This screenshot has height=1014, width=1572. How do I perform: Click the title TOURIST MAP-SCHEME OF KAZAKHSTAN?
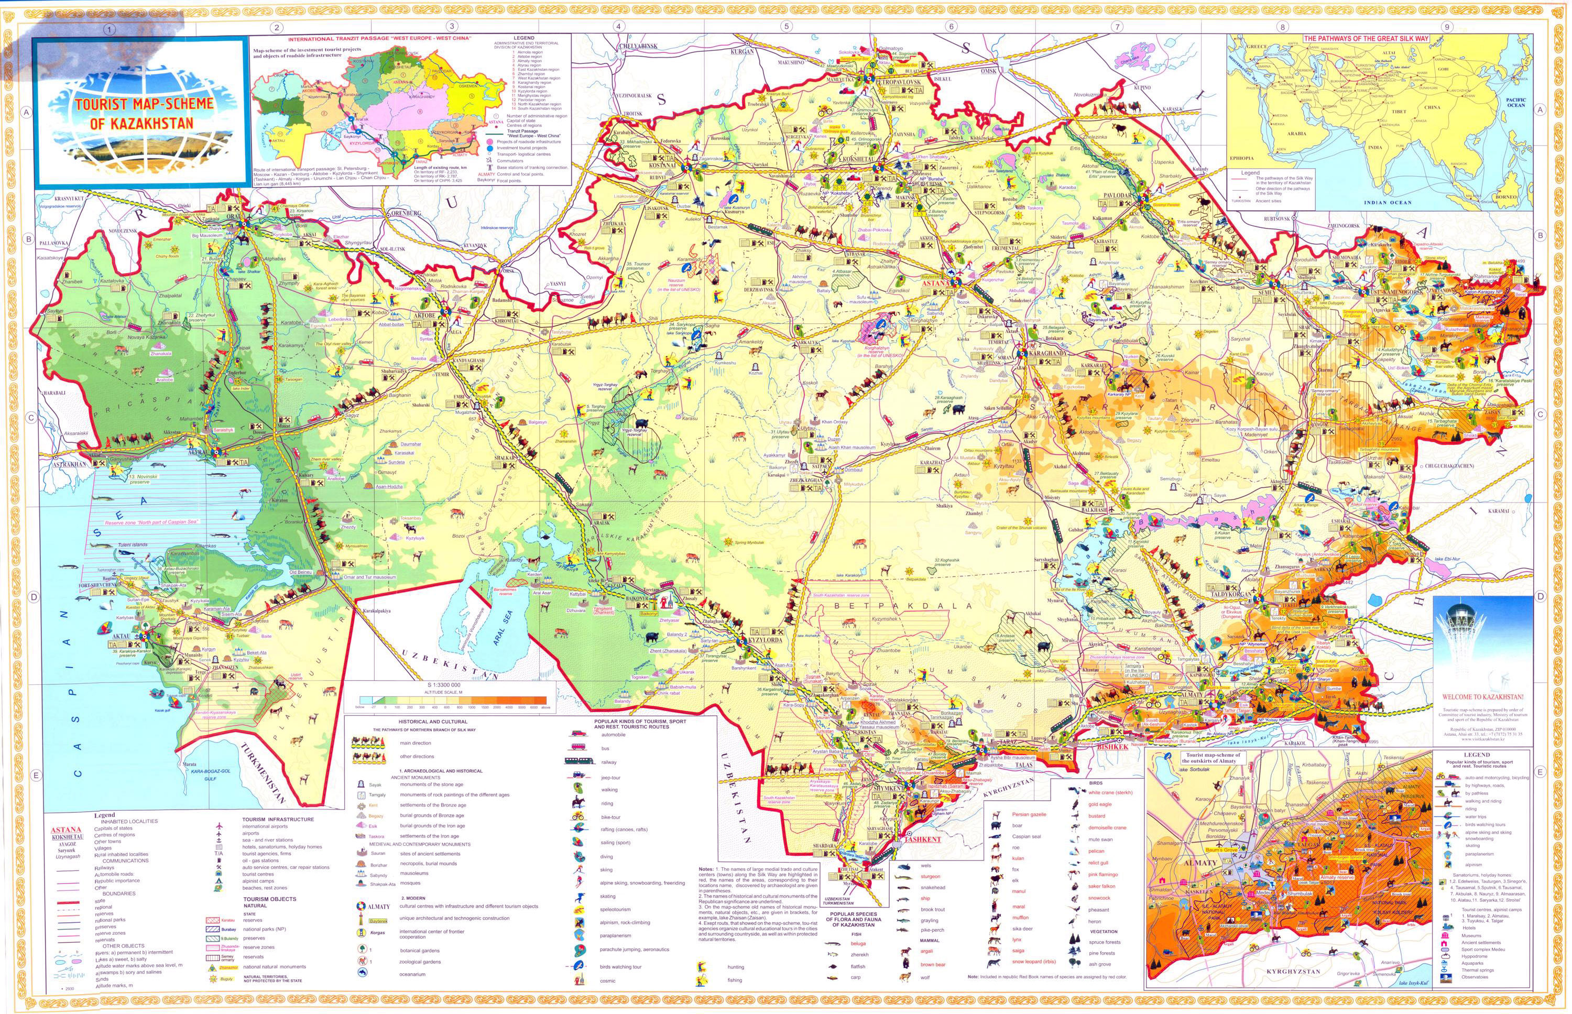click(x=144, y=113)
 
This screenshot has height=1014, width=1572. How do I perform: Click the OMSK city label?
click(x=988, y=70)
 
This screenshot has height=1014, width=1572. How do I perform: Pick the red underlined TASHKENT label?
click(x=922, y=840)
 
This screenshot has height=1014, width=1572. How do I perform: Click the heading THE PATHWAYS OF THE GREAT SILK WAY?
click(x=1366, y=38)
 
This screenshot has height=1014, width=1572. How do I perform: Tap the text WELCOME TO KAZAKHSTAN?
click(x=1482, y=696)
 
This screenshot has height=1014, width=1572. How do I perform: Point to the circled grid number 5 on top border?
click(x=785, y=27)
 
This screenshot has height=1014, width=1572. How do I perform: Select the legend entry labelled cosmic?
click(x=607, y=980)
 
